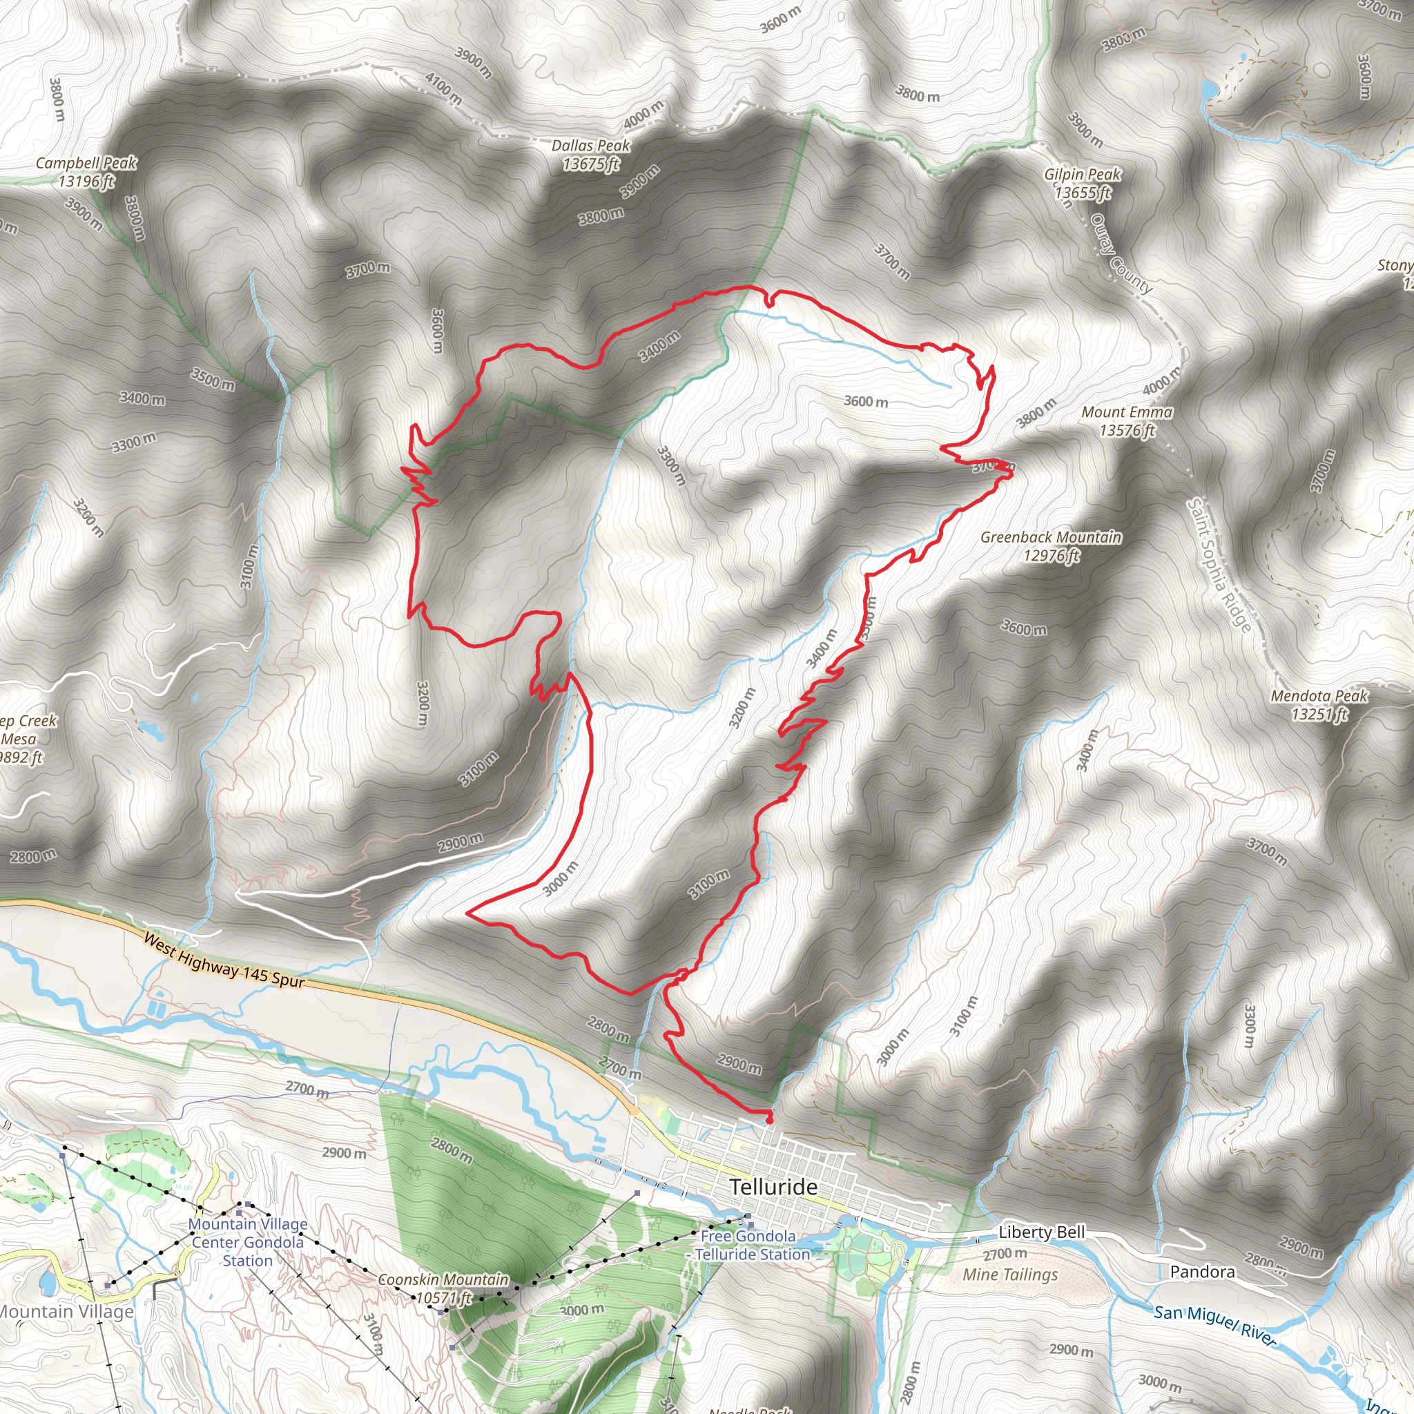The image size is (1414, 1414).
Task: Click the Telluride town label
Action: [773, 1187]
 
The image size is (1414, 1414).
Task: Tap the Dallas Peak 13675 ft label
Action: [590, 155]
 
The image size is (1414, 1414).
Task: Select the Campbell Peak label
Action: [86, 172]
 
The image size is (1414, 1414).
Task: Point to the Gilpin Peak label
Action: [1083, 183]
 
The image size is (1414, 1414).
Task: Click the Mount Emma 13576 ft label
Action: [1127, 422]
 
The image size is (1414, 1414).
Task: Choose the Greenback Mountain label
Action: [1051, 546]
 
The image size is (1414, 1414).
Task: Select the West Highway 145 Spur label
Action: [224, 960]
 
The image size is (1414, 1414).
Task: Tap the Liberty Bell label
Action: [1041, 1232]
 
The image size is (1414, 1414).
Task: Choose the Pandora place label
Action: [1203, 1272]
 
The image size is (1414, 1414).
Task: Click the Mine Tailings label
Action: [1010, 1275]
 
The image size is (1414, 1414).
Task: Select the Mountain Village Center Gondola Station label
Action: [248, 1242]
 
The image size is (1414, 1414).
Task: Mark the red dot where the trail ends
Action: [768, 1120]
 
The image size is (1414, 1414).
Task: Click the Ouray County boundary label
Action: [1121, 253]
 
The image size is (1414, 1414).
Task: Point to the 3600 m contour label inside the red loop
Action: [866, 401]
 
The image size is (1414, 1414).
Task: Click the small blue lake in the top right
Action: [1209, 90]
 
